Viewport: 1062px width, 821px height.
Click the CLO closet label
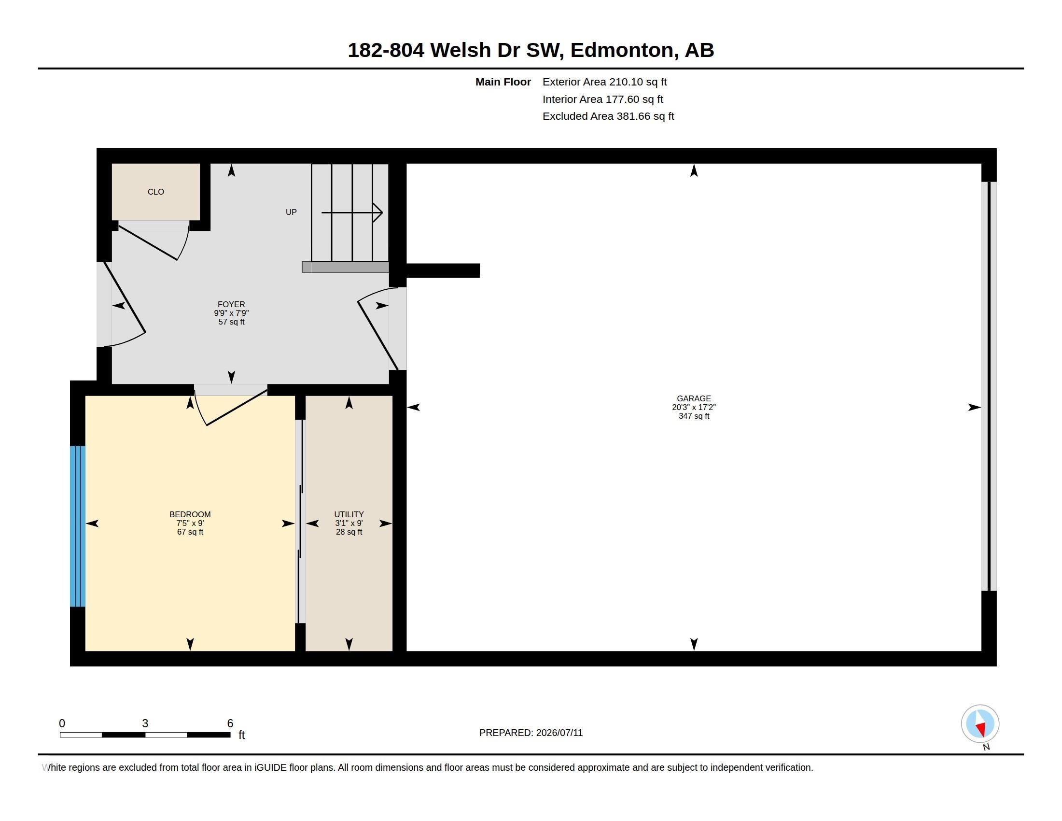155,192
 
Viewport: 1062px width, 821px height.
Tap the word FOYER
231,304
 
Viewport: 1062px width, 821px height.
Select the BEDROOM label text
190,515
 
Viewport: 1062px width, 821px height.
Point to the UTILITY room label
349,515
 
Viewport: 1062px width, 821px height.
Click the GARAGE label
694,399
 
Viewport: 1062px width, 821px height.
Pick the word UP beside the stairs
291,212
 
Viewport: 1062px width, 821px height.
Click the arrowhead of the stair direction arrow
378,212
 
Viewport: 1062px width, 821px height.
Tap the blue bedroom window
78,526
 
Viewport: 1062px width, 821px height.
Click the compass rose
980,724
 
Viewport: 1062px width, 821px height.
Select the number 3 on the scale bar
145,723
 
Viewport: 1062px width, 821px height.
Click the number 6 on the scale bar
230,723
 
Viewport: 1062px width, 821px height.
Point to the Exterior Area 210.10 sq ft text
604,82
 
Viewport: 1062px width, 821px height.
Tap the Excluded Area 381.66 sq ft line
608,116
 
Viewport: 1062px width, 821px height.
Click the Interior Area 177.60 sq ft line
603,99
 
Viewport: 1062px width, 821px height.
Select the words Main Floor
503,82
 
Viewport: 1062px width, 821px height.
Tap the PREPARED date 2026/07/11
559,733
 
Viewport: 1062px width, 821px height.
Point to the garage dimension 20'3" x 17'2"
694,408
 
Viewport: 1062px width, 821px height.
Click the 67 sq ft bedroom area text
190,532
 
